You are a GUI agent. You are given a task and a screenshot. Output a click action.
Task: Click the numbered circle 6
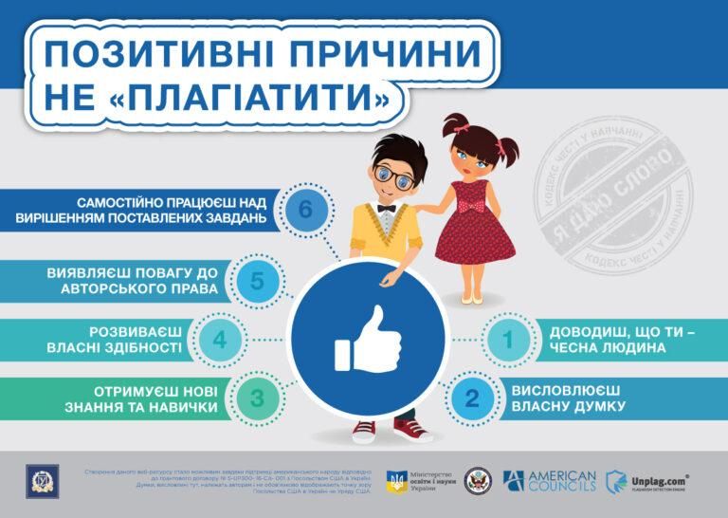point(304,209)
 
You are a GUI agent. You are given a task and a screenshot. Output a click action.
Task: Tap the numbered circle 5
point(257,281)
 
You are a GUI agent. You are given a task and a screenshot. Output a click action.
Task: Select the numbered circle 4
point(219,340)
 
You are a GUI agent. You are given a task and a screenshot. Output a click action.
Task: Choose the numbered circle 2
point(472,398)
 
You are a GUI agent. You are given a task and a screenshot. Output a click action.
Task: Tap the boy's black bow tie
point(386,207)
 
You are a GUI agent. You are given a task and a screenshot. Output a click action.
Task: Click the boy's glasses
point(391,174)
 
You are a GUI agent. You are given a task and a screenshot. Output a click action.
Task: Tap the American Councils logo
point(550,480)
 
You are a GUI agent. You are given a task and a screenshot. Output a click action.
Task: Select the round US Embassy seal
point(472,480)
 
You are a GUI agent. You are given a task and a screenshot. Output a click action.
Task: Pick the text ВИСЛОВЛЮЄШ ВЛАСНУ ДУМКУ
point(567,398)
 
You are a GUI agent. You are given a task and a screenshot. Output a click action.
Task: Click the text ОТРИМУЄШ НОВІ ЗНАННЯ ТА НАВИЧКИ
point(156,398)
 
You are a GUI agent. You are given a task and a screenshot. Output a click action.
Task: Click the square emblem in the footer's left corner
point(42,481)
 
